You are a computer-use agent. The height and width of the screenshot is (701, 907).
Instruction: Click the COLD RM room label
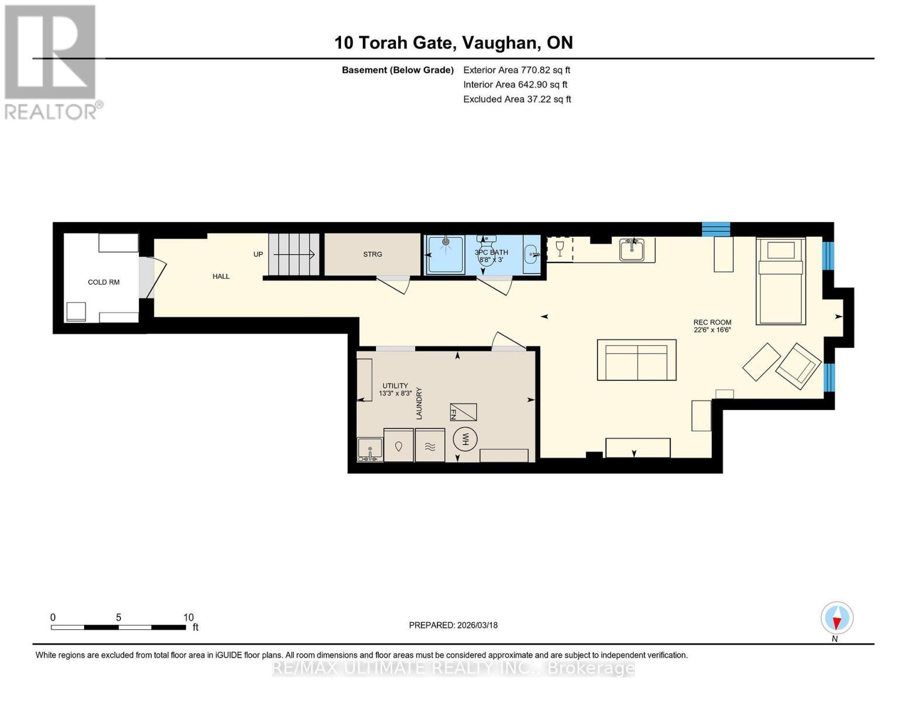point(103,282)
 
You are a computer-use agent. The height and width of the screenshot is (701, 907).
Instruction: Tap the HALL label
point(221,276)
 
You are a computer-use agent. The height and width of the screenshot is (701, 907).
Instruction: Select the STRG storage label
point(373,254)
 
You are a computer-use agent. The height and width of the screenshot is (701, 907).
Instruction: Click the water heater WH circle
point(465,439)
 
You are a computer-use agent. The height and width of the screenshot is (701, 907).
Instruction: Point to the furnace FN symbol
point(463,412)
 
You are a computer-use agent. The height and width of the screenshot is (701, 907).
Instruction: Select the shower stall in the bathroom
point(446,255)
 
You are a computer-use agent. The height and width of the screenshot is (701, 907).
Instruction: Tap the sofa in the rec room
point(637,360)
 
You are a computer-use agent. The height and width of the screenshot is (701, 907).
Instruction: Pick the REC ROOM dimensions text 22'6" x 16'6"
point(712,330)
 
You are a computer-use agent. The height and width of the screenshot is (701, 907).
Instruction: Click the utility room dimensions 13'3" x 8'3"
point(395,394)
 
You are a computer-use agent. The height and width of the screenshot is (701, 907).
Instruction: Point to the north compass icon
point(837,618)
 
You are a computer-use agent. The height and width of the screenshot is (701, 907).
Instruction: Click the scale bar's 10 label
point(188,617)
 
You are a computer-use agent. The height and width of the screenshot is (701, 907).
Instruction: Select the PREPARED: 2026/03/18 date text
point(453,625)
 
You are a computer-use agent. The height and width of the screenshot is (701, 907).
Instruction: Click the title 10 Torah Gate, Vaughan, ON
point(453,43)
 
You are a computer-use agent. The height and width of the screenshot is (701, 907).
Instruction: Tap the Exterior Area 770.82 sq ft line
point(516,70)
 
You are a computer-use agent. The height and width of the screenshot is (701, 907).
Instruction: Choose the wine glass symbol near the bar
point(560,249)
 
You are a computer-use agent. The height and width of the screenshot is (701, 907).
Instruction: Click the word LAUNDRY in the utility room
point(419,404)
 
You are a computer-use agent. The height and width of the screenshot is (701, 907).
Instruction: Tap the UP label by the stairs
point(258,254)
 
